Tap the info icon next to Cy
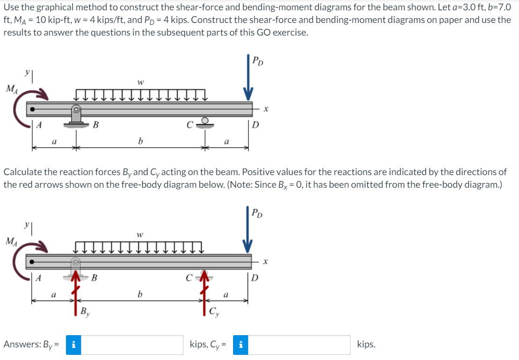[240, 345]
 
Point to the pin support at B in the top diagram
[76, 115]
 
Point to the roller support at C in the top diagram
[205, 121]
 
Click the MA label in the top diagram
[10, 88]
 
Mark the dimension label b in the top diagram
[139, 140]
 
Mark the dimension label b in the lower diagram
[139, 294]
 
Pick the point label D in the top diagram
[256, 125]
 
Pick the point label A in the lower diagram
[40, 278]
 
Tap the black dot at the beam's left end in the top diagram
[32, 110]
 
